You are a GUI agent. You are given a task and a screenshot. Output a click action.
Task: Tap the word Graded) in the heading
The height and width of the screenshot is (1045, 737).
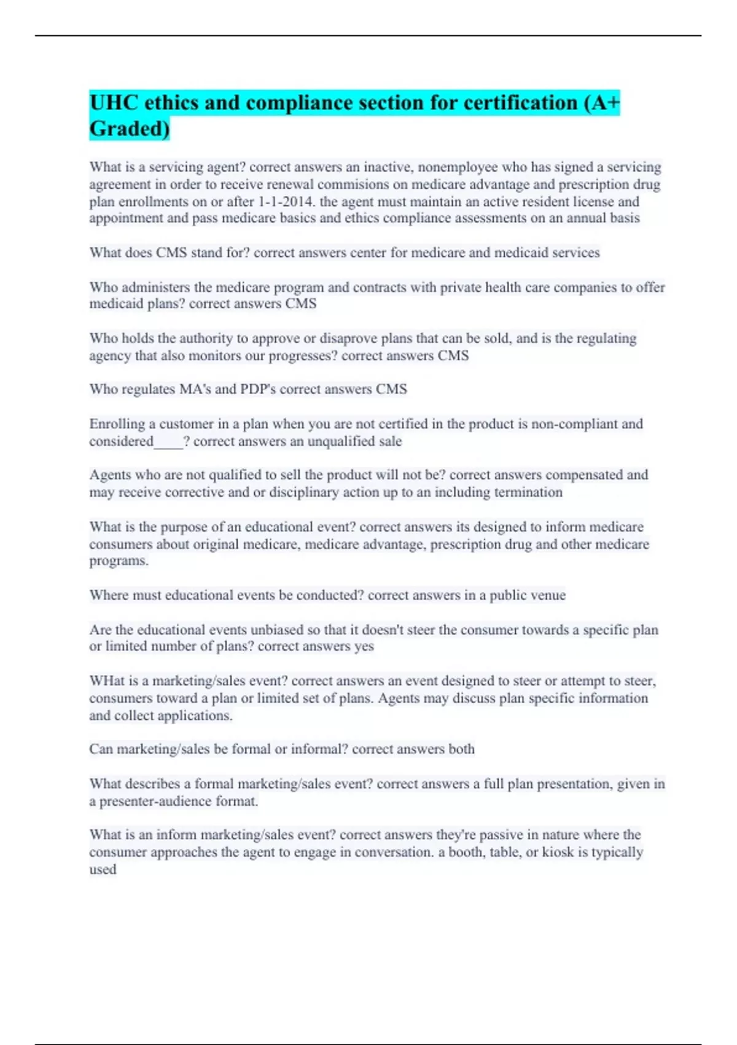(130, 128)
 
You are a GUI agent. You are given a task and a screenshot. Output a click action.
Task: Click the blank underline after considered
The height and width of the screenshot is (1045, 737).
(168, 443)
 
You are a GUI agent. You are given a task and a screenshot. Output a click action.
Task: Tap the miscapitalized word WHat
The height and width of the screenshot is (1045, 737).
(106, 681)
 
